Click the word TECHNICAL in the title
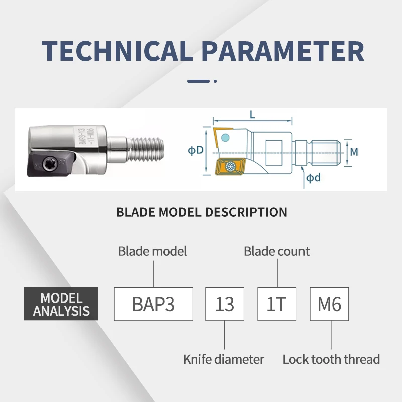pyautogui.click(x=115, y=50)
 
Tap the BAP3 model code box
pyautogui.click(x=153, y=304)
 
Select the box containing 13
pyautogui.click(x=225, y=304)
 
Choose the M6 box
pyautogui.click(x=329, y=304)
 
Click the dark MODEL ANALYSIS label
pyautogui.click(x=61, y=305)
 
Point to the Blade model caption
pyautogui.click(x=152, y=251)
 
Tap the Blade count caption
pyautogui.click(x=277, y=251)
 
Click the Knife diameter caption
pyautogui.click(x=224, y=359)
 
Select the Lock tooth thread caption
pyautogui.click(x=331, y=359)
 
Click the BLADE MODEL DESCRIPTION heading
pyautogui.click(x=202, y=212)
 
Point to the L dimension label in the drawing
pyautogui.click(x=252, y=115)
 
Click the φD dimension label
pyautogui.click(x=195, y=151)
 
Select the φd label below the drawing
pyautogui.click(x=313, y=178)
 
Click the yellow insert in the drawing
pyautogui.click(x=229, y=167)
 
